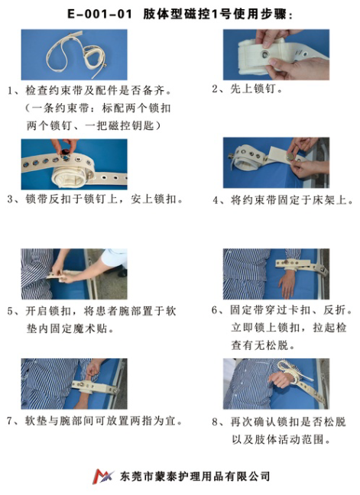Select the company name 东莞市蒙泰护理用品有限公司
[x=196, y=476]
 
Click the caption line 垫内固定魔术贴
[x=71, y=328]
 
